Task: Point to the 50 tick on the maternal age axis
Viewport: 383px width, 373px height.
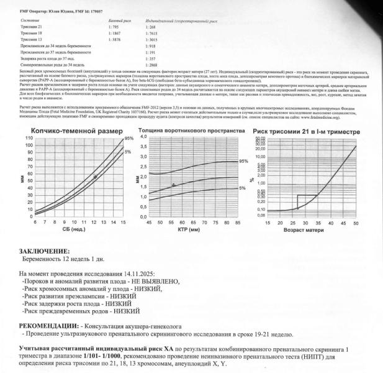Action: [x=355, y=221]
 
